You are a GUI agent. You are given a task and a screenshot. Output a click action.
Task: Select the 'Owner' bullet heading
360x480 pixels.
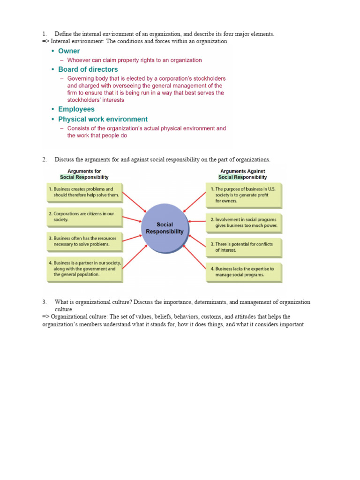[69, 51]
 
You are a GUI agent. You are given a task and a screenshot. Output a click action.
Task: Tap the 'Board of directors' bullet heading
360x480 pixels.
[88, 69]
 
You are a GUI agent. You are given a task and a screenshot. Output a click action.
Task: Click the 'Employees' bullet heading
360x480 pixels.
[76, 109]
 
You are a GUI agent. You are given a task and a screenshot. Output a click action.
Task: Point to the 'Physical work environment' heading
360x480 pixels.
[103, 119]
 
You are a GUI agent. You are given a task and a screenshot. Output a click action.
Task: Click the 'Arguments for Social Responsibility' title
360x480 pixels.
[84, 174]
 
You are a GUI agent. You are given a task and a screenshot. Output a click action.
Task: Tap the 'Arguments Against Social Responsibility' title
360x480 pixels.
[243, 174]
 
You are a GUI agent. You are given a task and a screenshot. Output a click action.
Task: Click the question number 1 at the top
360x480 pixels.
[44, 34]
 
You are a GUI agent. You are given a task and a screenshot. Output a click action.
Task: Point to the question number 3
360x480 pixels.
[44, 302]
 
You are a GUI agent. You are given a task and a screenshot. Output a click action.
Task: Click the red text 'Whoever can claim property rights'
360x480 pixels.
[135, 60]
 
